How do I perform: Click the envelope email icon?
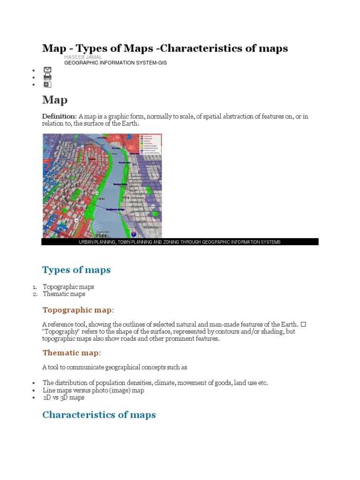click(47, 70)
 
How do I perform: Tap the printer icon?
click(47, 77)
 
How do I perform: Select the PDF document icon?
click(47, 84)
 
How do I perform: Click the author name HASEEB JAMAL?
click(83, 57)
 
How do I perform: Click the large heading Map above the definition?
click(55, 100)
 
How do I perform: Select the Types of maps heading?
click(76, 270)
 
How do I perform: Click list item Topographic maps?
click(68, 287)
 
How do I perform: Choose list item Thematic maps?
click(64, 294)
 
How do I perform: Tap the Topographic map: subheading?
click(78, 310)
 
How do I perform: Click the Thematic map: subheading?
click(72, 352)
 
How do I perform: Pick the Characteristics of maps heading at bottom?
click(99, 415)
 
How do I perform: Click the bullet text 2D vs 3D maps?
click(64, 397)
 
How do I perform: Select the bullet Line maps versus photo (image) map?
click(93, 390)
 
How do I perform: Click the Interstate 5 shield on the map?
click(134, 233)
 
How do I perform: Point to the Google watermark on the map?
click(152, 233)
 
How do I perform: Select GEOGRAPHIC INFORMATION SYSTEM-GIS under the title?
click(115, 62)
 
